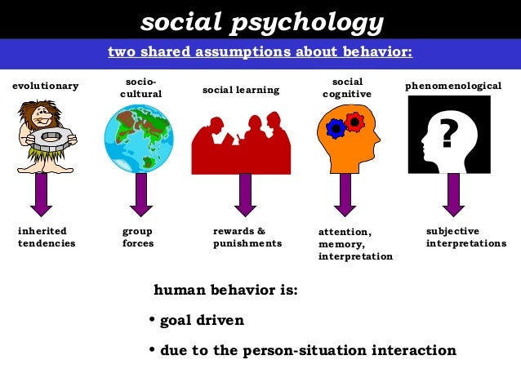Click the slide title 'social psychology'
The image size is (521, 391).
[261, 23]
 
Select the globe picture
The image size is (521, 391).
[138, 140]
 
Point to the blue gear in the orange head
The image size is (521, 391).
[336, 128]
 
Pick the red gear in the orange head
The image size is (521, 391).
[354, 122]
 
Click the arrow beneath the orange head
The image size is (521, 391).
[345, 194]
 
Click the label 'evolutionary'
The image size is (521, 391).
[46, 86]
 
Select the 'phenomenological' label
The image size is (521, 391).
[453, 86]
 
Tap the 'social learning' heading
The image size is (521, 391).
[241, 89]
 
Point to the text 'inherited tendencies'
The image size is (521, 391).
[47, 237]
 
